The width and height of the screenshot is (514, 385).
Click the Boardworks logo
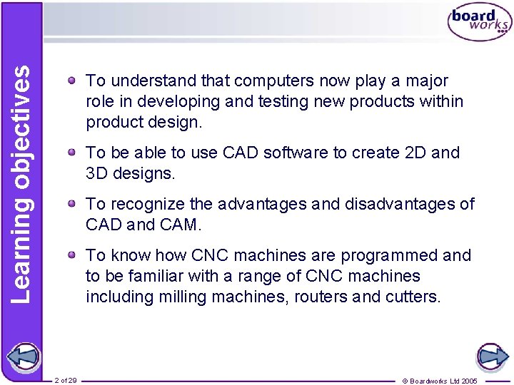[479, 23]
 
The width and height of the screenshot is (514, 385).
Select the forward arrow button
[491, 356]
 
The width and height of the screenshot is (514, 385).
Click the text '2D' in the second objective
[414, 153]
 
